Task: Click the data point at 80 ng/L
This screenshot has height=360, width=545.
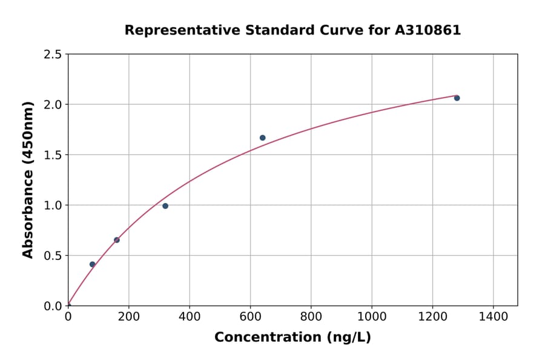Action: (x=92, y=264)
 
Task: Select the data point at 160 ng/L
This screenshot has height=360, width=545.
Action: (x=117, y=240)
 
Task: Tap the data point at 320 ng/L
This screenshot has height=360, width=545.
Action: (x=165, y=206)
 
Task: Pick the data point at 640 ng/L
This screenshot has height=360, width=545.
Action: (x=262, y=138)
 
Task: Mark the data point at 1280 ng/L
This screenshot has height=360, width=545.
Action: (x=457, y=98)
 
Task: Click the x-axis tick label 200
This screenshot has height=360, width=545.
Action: (x=128, y=316)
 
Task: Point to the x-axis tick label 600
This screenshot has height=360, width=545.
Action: (x=250, y=316)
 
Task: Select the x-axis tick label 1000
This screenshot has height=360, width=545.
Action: (x=372, y=316)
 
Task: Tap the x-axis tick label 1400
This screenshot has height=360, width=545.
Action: (x=493, y=316)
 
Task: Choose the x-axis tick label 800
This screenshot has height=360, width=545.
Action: (x=311, y=316)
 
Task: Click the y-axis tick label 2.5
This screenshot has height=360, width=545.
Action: (x=52, y=55)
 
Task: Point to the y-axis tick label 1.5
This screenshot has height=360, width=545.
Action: (x=52, y=155)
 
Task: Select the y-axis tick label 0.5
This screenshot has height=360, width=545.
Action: (x=52, y=256)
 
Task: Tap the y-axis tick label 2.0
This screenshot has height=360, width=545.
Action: (x=52, y=105)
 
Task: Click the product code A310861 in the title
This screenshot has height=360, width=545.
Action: (x=429, y=30)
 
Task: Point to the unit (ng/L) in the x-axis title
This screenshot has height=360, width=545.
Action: (x=348, y=338)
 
